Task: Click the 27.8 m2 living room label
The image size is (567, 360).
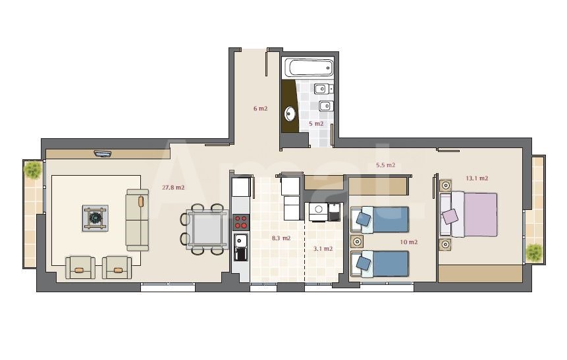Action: pyautogui.click(x=173, y=188)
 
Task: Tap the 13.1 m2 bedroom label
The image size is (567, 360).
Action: pyautogui.click(x=477, y=178)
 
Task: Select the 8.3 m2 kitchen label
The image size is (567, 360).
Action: pyautogui.click(x=281, y=238)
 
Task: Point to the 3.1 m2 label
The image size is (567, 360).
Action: pyautogui.click(x=323, y=249)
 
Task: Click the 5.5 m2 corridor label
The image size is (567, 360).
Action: pyautogui.click(x=385, y=165)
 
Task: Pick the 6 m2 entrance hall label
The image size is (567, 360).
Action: pyautogui.click(x=260, y=109)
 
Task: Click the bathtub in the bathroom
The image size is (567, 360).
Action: pyautogui.click(x=308, y=67)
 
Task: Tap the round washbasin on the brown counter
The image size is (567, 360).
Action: pyautogui.click(x=290, y=113)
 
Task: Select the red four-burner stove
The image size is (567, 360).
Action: pyautogui.click(x=241, y=222)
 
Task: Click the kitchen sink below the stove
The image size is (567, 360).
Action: pyautogui.click(x=240, y=247)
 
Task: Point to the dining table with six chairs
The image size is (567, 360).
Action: pyautogui.click(x=205, y=229)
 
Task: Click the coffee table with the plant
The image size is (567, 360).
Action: pyautogui.click(x=95, y=218)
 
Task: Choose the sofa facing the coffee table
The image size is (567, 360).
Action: pyautogui.click(x=137, y=220)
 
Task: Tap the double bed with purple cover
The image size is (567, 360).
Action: pyautogui.click(x=468, y=215)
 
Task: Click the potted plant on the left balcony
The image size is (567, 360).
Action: pyautogui.click(x=33, y=170)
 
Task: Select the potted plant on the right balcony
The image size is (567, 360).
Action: pyautogui.click(x=534, y=252)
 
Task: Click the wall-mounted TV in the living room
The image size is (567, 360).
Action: pyautogui.click(x=103, y=154)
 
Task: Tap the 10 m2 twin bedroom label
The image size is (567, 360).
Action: pyautogui.click(x=408, y=242)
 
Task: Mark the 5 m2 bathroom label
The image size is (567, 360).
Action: pyautogui.click(x=316, y=124)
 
